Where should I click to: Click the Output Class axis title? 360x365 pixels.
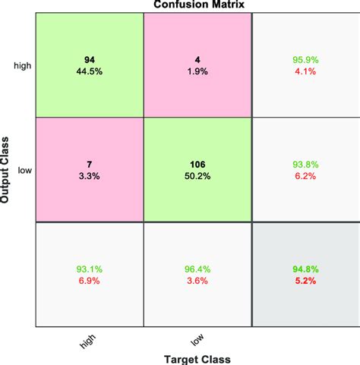tap(7, 168)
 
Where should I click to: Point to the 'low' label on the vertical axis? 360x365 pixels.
tap(25, 171)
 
